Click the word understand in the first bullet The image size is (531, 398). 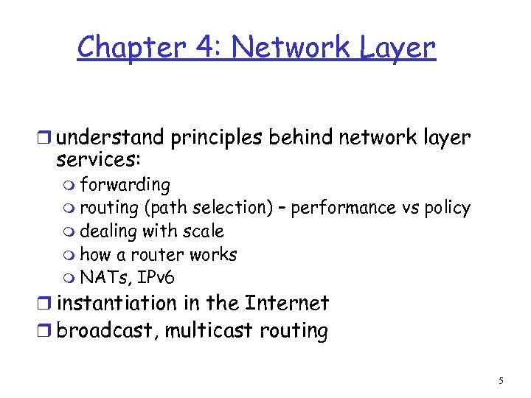pos(110,138)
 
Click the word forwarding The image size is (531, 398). pos(125,184)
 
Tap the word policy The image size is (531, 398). pos(447,208)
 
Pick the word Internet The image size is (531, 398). pos(286,303)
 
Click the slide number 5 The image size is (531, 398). pos(501,381)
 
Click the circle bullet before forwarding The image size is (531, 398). pos(70,185)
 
